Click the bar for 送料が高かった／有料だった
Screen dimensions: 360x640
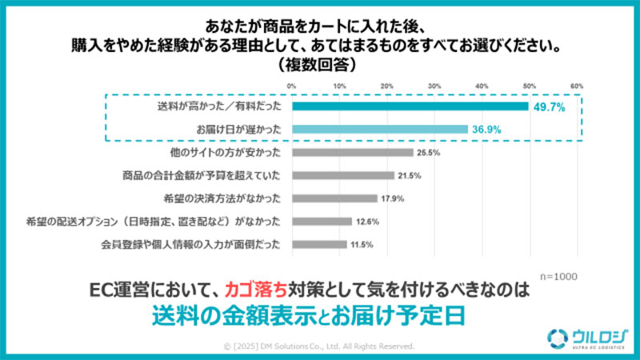(x=410, y=106)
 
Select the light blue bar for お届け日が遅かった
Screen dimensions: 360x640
(x=379, y=129)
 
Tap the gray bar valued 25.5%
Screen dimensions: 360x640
(x=352, y=152)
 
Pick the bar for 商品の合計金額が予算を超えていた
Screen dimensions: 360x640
(x=342, y=175)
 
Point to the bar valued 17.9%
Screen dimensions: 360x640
(x=334, y=198)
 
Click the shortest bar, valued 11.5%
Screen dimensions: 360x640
(x=319, y=244)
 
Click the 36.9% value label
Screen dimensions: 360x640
(x=488, y=129)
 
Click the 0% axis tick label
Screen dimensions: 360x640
(x=292, y=86)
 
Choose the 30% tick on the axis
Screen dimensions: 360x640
(x=434, y=86)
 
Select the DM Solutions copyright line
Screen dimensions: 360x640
(x=319, y=346)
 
